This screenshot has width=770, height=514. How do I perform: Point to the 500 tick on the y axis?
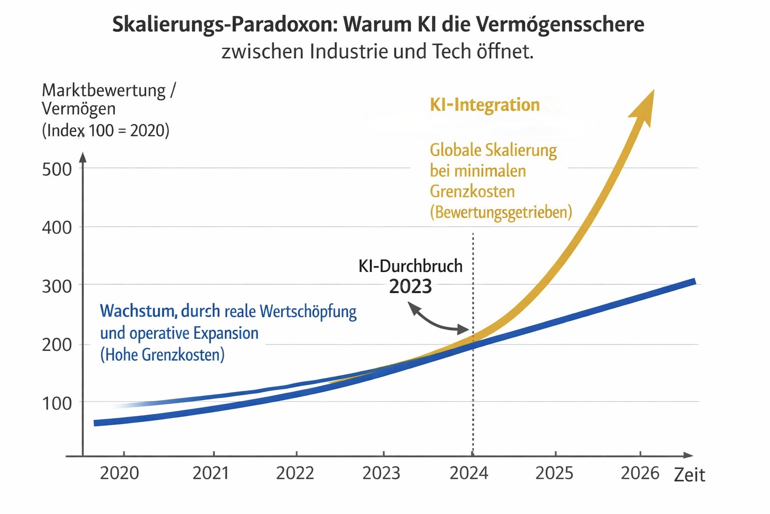tap(57, 169)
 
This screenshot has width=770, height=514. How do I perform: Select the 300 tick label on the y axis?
tap(57, 286)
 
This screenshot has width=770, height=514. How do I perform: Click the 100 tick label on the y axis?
tap(57, 403)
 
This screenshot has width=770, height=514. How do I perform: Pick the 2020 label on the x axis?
tap(119, 473)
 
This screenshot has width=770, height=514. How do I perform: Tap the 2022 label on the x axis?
tap(295, 473)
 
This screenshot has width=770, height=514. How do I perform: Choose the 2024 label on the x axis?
tap(469, 473)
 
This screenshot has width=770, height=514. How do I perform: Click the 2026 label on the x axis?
tap(640, 473)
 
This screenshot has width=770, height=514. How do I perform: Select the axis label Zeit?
tap(689, 475)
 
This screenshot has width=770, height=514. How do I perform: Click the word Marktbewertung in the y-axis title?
tap(104, 90)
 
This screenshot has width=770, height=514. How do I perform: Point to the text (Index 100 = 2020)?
tap(106, 131)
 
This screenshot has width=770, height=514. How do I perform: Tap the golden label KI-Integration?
tap(485, 105)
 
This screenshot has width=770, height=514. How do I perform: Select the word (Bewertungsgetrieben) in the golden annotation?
tap(501, 212)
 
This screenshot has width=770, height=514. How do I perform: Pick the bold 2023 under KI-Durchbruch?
tap(411, 287)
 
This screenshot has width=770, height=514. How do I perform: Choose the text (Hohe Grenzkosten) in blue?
tap(162, 355)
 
